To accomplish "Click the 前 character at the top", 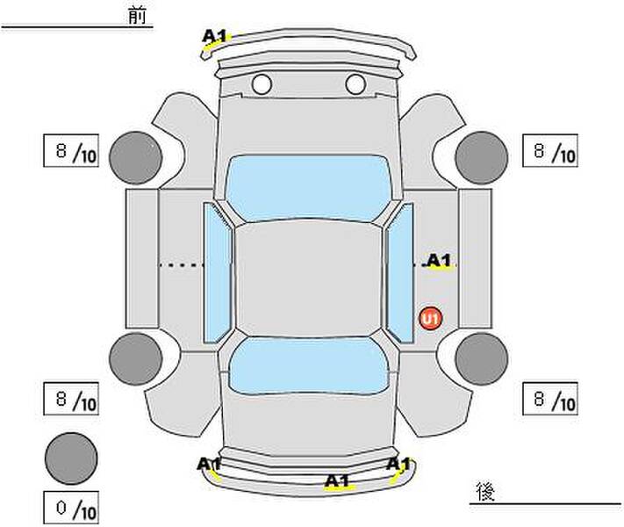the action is [137, 16].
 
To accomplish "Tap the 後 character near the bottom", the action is [485, 491].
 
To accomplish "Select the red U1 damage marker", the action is [431, 319].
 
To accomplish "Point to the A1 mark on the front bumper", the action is [214, 36].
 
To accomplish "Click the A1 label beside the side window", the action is [440, 261].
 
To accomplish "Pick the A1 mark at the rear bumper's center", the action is [337, 480].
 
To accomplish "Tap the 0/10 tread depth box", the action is [71, 508].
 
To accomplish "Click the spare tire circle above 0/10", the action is [71, 458].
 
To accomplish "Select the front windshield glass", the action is [308, 187].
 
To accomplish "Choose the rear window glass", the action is [309, 365].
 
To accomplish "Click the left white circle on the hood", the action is [262, 84].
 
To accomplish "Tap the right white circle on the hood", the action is [355, 84].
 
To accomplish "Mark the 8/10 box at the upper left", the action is [71, 150].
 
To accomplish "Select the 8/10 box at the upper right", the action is [550, 150].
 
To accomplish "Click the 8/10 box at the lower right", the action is [550, 399].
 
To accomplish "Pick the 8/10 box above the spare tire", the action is [71, 399].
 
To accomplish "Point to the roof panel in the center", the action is [308, 278].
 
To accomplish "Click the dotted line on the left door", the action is [182, 264].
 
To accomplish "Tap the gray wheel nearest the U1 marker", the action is [482, 359].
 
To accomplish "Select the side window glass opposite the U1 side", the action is [218, 273].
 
